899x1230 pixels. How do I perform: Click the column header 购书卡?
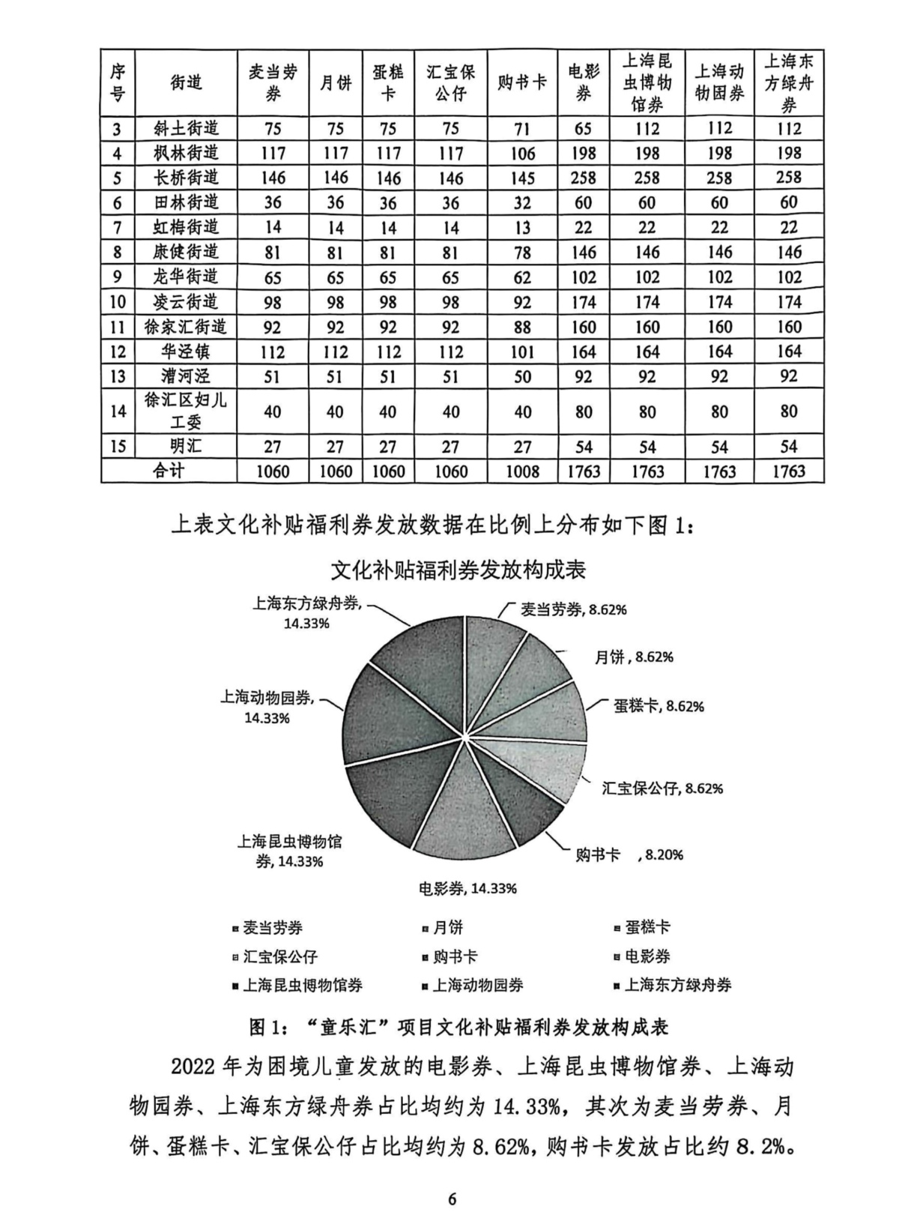[522, 82]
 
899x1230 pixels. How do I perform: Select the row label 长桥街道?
[186, 178]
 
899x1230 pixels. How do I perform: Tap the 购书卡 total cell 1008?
[522, 471]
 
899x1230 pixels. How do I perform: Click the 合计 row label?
[169, 471]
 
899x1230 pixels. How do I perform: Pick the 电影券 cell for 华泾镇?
[584, 352]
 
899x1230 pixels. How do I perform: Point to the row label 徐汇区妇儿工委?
[186, 411]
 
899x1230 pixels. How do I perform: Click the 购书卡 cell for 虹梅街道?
[522, 227]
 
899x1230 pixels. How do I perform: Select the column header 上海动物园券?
[719, 82]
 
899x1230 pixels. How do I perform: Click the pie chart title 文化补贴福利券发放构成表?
[458, 570]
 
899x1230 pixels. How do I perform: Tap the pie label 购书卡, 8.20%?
[629, 854]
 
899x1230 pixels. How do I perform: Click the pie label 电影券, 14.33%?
[467, 889]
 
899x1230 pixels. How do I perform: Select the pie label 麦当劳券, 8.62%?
[573, 609]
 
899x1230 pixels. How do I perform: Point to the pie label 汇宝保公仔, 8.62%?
[662, 789]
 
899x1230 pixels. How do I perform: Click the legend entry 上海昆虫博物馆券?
[302, 985]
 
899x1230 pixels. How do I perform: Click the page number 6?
[452, 1198]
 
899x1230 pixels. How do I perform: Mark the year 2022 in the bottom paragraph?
[197, 1067]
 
